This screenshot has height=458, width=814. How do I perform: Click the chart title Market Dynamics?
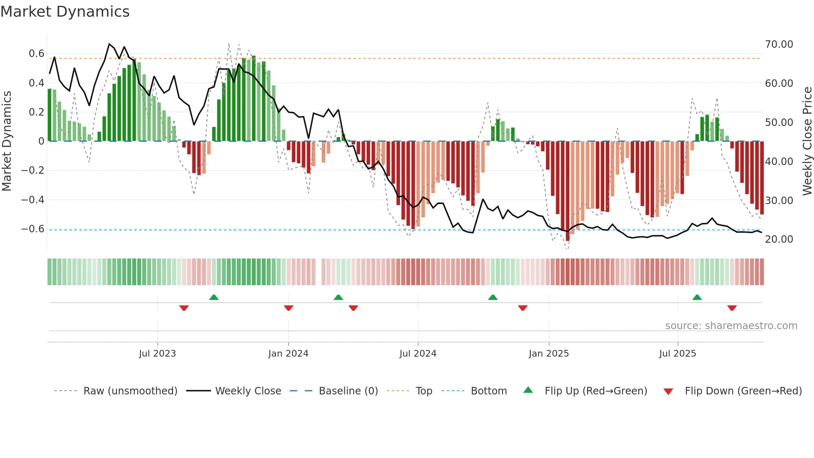click(x=65, y=12)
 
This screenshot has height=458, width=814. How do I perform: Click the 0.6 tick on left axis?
click(x=36, y=54)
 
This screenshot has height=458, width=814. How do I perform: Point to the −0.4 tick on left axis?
click(x=33, y=200)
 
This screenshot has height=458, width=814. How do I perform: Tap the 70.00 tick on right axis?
click(x=779, y=44)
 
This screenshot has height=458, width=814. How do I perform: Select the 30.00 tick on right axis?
click(x=779, y=201)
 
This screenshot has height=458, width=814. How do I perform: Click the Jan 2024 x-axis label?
click(x=288, y=354)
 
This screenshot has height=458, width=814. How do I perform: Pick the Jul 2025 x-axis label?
click(x=677, y=354)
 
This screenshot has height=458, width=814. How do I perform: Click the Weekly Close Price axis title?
click(x=807, y=141)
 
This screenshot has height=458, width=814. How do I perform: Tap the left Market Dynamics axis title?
click(x=7, y=141)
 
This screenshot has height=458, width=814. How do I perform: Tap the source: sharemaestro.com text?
click(x=731, y=326)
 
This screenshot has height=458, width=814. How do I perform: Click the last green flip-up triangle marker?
click(x=697, y=298)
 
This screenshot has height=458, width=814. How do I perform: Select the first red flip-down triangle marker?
click(x=184, y=308)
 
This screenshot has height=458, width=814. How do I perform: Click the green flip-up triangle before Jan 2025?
click(x=493, y=298)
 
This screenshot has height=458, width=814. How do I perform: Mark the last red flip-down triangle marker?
click(x=732, y=308)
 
